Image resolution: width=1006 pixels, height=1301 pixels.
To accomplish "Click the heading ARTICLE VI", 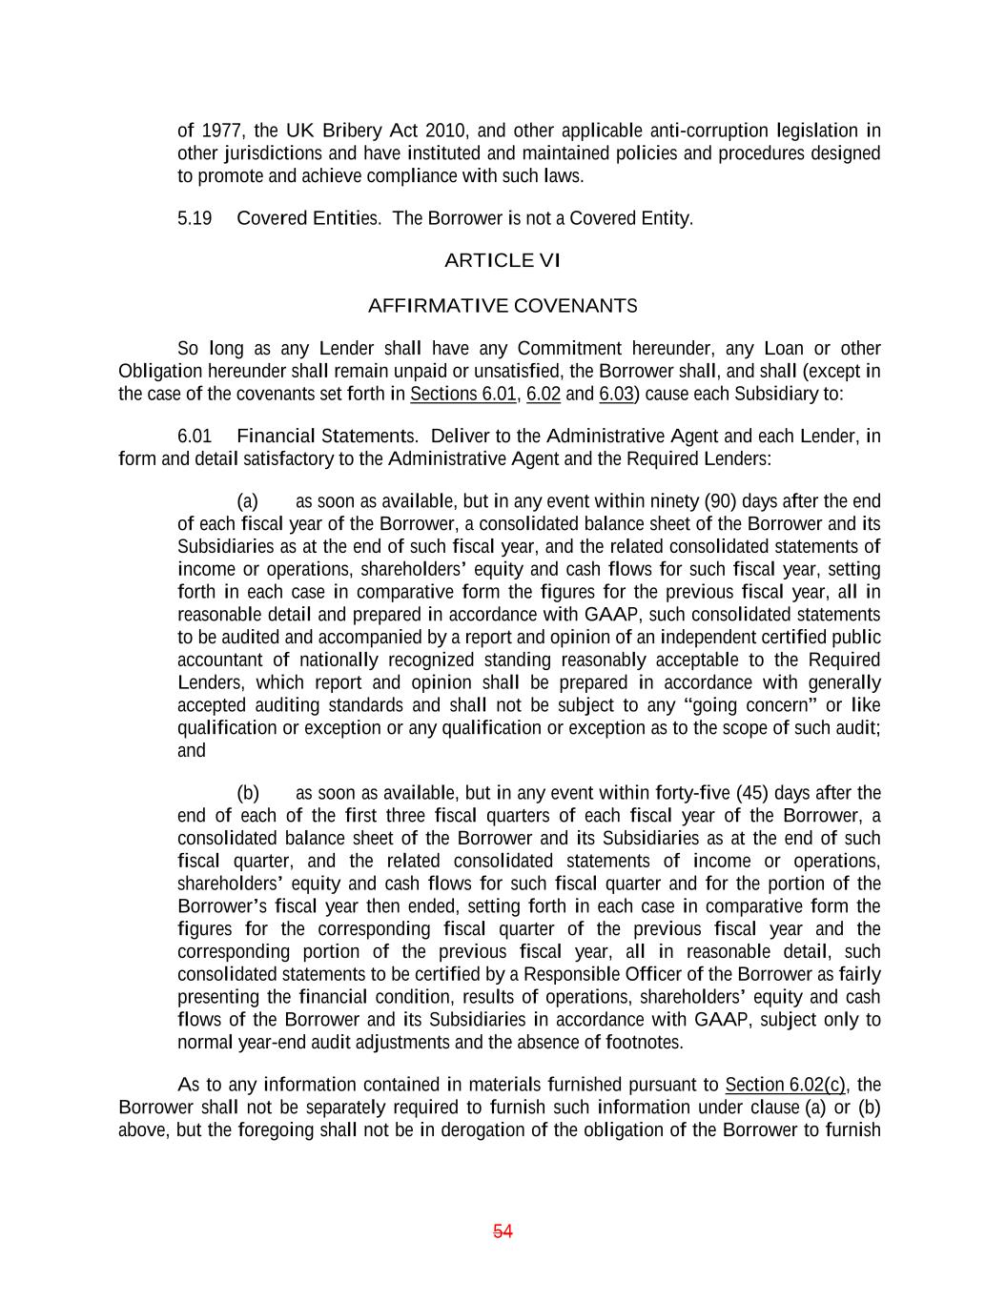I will [x=503, y=260].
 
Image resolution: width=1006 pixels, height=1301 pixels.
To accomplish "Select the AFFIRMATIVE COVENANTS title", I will [x=503, y=306].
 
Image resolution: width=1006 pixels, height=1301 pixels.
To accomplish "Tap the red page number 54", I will [x=503, y=1231].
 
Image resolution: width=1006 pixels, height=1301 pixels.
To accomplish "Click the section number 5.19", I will [x=195, y=218].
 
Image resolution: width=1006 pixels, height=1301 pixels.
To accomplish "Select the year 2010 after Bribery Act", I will [x=446, y=131].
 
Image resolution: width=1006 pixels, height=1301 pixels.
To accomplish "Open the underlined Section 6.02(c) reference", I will [x=785, y=1085].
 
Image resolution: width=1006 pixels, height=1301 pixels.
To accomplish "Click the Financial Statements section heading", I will [x=326, y=437].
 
